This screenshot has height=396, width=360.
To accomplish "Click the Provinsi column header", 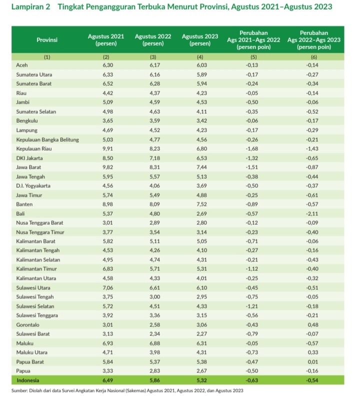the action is pos(47,40).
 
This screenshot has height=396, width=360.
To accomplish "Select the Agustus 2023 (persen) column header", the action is pos(200,40).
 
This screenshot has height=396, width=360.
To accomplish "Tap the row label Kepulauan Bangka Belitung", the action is pos(47,140).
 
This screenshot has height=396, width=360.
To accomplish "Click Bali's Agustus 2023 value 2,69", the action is pos(202,214).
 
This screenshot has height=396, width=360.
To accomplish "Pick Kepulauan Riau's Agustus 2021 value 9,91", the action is pos(107,149).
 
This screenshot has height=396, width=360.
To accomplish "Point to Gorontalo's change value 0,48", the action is pos(313,325).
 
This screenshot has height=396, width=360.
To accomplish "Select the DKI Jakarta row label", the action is pos(29,158).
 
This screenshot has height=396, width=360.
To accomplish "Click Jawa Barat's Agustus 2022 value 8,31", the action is pos(154,167).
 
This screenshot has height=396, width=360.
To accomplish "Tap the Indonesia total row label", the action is pos(28,380).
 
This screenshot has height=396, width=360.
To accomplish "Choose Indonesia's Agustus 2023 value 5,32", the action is pos(202,380).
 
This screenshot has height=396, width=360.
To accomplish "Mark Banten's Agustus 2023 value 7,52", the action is pos(202,204).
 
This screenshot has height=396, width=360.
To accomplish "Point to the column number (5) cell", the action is pos(253,57).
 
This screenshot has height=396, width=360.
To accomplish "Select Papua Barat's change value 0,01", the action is pos(313,362).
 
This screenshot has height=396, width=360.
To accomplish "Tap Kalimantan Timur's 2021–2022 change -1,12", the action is pos(252,269).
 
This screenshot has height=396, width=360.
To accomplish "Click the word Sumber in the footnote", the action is pos(19,390).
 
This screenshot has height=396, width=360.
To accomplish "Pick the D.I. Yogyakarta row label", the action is pos(33,186).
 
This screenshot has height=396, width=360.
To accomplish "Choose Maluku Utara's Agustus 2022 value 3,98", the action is pos(154,352).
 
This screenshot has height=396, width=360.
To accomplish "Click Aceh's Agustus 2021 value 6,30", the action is pos(107,65).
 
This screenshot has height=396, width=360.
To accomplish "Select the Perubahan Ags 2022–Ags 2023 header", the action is pos(314,40).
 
